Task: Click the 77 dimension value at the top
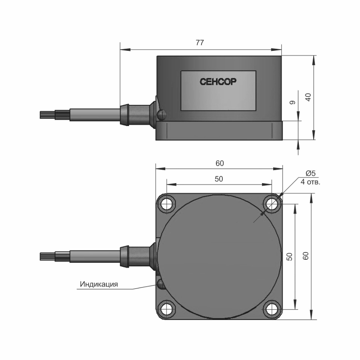click(x=200, y=43)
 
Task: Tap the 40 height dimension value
click(x=309, y=97)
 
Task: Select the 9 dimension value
click(x=292, y=103)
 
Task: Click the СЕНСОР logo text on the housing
click(x=218, y=81)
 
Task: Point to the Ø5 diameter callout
click(x=311, y=173)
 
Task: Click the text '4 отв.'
click(x=310, y=182)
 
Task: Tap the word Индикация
click(x=99, y=284)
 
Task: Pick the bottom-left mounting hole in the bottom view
click(x=166, y=309)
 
